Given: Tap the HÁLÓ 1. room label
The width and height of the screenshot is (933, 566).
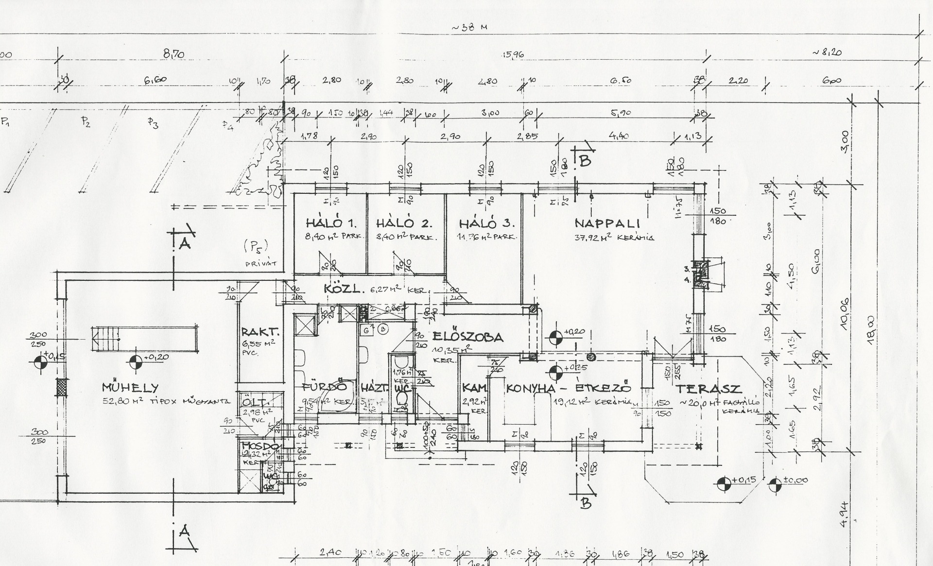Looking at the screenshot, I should coord(331,223).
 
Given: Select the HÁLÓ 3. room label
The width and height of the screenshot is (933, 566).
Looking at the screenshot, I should coord(486,224).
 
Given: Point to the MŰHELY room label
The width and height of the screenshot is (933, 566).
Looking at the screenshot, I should coord(130,388).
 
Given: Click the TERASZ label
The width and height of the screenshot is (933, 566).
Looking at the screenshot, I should coord(709,389).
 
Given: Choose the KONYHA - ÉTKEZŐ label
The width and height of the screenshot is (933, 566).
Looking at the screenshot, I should coord(569,389).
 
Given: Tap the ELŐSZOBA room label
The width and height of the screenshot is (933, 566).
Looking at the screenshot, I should coord(467,337).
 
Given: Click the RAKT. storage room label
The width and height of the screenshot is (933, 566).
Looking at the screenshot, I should coord(260,333).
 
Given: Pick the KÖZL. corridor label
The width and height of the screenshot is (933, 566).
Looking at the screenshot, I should coord(344,289).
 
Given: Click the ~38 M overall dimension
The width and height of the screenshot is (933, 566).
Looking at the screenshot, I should coord(469,27).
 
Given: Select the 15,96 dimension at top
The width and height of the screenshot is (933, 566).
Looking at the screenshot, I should coord(513,54).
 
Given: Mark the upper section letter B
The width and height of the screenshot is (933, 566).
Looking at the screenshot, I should coord(585,160).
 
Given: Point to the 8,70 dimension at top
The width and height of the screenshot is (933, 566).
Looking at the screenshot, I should coord(173,54).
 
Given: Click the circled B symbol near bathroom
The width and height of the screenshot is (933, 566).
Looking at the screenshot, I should coord(383,329).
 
